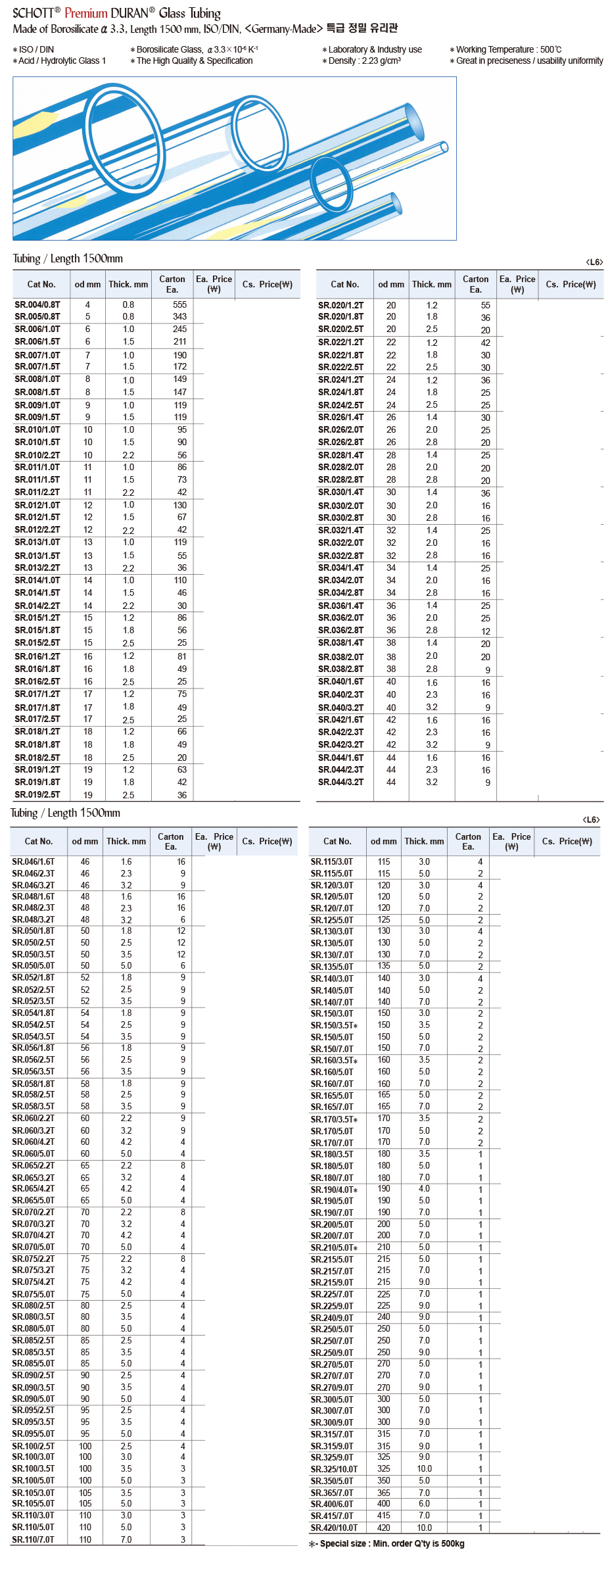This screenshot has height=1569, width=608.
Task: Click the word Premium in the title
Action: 86,13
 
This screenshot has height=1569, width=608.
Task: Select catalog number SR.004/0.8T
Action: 37,304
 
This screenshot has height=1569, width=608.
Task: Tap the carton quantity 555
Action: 179,304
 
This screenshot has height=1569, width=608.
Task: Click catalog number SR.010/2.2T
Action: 37,455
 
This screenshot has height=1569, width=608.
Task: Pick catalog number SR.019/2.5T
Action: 37,795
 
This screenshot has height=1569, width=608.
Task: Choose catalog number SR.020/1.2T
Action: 340,305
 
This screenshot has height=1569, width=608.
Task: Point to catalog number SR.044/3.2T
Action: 340,782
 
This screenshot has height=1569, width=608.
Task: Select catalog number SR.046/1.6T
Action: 34,861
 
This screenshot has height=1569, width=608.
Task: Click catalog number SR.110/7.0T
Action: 34,1539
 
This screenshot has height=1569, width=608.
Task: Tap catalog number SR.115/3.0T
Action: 332,861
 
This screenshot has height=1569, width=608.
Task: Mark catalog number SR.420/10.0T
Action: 334,1528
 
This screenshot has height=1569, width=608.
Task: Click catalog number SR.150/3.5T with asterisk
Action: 334,1025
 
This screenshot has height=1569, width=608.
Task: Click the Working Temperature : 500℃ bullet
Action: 505,49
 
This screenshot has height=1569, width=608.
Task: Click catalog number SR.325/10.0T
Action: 334,1469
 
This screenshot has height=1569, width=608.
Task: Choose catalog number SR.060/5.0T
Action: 34,1153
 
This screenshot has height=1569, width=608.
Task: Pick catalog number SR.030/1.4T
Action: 340,492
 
